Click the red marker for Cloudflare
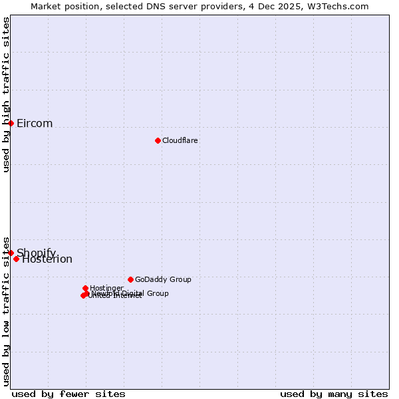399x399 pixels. (158, 140)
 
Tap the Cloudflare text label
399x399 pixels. (180, 141)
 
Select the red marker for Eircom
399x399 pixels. (11, 123)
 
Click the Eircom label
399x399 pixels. (35, 124)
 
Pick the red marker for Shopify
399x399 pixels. (11, 253)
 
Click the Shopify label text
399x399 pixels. (37, 253)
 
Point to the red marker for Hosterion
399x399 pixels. (17, 259)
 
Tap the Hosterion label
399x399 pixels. (47, 259)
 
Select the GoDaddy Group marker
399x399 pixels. (130, 279)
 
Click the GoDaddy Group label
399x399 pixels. (163, 280)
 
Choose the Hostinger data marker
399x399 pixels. (85, 288)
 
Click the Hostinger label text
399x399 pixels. (106, 288)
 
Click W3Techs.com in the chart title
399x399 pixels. (338, 6)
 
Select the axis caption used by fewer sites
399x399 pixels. (68, 394)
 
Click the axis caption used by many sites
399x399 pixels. (334, 394)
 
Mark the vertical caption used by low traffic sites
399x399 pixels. (6, 311)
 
